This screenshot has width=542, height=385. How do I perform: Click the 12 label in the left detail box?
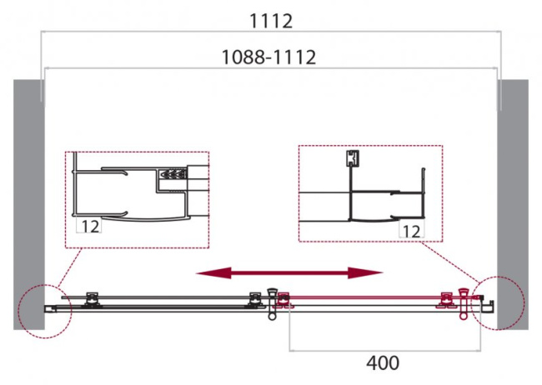[90, 226]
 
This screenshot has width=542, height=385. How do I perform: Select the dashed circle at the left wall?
[47, 311]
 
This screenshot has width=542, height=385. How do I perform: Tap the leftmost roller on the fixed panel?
[93, 297]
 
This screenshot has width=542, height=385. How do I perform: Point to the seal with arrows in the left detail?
[172, 175]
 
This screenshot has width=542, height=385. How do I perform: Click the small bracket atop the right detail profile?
[352, 158]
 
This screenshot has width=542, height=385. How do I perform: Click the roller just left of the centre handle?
[253, 297]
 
